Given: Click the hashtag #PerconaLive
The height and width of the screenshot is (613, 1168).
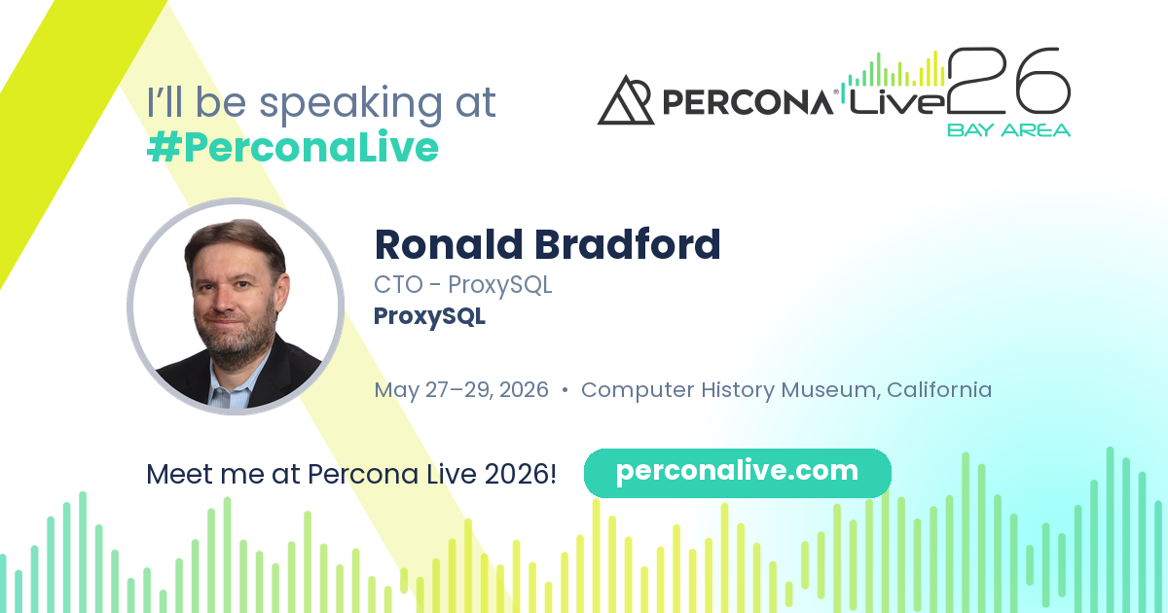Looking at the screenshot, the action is pos(293,147).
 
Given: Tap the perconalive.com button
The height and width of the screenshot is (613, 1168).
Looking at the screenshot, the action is pos(738,473).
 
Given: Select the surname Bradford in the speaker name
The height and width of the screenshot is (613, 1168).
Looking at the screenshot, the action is pos(627,244).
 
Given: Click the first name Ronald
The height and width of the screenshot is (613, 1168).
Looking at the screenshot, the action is pos(449,244).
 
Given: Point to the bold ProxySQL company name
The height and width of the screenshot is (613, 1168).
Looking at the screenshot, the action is pos(429,316).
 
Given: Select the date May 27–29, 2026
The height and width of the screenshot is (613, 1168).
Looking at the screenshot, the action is pos(461,390).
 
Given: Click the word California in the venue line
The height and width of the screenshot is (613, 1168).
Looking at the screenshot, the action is pos(939,389).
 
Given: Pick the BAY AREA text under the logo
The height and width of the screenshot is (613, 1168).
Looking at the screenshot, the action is pos(1009,129).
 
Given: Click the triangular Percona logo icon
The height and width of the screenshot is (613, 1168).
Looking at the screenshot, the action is pos(626,100).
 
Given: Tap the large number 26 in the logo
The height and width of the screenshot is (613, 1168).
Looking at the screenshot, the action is pos(1009,81).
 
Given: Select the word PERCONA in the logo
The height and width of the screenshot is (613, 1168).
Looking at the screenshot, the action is pos(748,101).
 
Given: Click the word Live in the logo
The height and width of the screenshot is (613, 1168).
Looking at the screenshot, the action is pos(896,101).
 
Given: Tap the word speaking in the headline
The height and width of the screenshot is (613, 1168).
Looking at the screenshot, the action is pos(351,103).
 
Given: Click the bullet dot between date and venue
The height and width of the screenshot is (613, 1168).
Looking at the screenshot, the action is pos(565,390).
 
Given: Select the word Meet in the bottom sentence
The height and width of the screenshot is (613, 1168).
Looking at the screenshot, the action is pos(179,474).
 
